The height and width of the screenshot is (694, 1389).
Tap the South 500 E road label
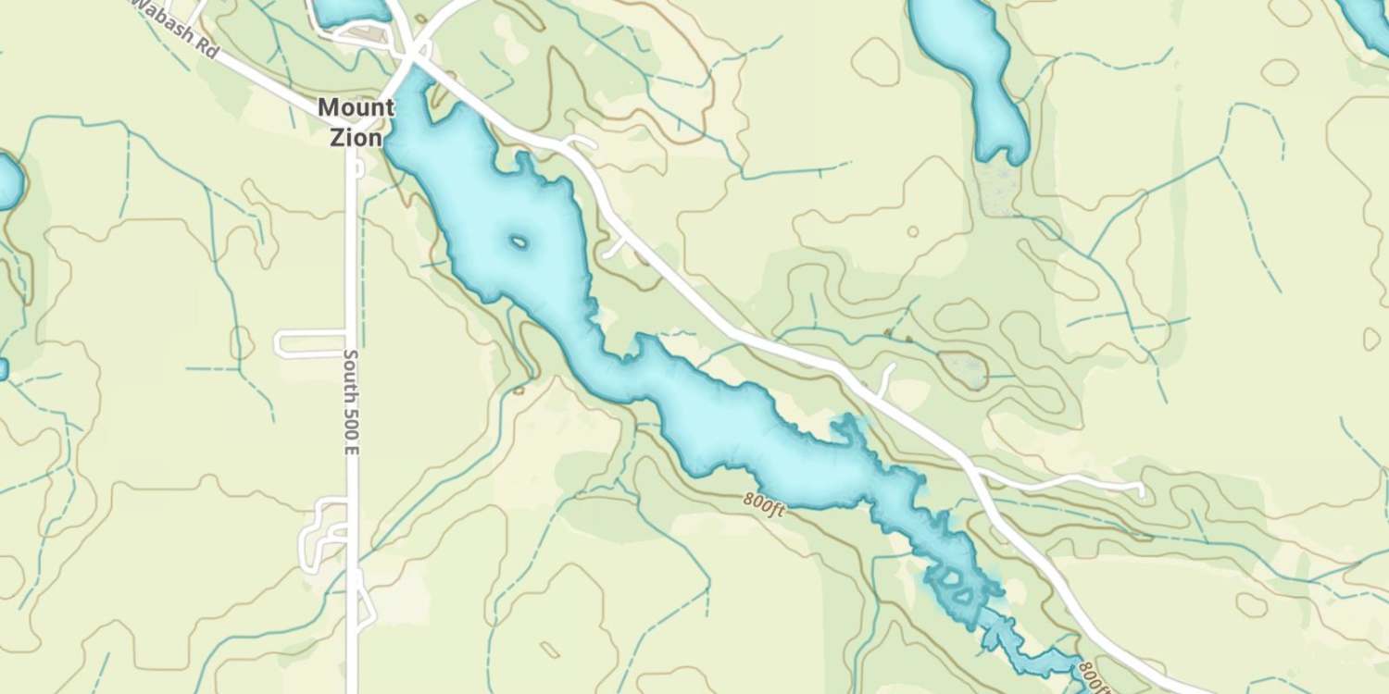click(351, 401)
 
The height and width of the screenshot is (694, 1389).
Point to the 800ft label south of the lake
click(763, 504)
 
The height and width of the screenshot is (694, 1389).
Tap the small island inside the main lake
click(519, 243)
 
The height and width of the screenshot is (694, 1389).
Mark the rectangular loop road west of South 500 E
click(310, 342)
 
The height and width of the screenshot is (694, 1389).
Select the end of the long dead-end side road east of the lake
click(1141, 489)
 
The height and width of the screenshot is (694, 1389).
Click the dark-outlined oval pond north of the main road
click(963, 368)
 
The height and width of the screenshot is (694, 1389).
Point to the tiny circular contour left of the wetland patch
click(913, 231)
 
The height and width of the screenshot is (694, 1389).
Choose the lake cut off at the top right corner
click(1366, 23)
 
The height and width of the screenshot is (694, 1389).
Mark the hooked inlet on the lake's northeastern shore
click(845, 430)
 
